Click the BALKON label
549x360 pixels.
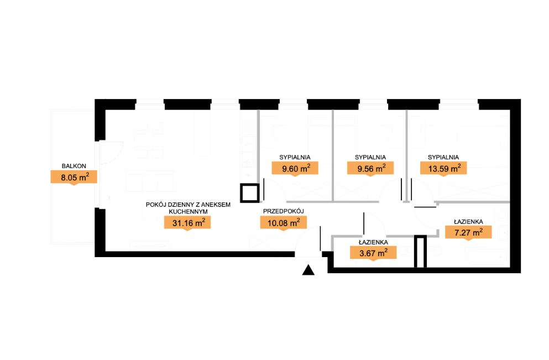point(74,166)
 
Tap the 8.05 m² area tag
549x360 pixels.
point(74,177)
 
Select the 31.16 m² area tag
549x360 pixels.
point(187,223)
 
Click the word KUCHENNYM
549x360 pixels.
point(188,211)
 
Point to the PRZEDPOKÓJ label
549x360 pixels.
point(283,211)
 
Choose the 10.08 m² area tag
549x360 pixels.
point(283,222)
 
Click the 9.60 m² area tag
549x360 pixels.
point(295,169)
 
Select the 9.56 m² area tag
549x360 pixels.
point(370,169)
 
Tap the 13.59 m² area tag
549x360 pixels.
point(443,169)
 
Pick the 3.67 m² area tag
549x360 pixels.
point(373,253)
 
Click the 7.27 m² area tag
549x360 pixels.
point(468,232)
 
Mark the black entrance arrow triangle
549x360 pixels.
point(308,270)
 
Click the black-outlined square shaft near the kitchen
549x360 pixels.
point(250,193)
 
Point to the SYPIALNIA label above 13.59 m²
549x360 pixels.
point(443,157)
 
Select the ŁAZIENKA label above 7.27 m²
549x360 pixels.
point(468,222)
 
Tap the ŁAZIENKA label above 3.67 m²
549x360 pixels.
point(373,242)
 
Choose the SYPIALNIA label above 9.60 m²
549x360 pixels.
point(295,157)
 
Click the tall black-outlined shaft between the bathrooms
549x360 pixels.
point(420,252)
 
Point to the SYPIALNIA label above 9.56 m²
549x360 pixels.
point(370,157)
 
